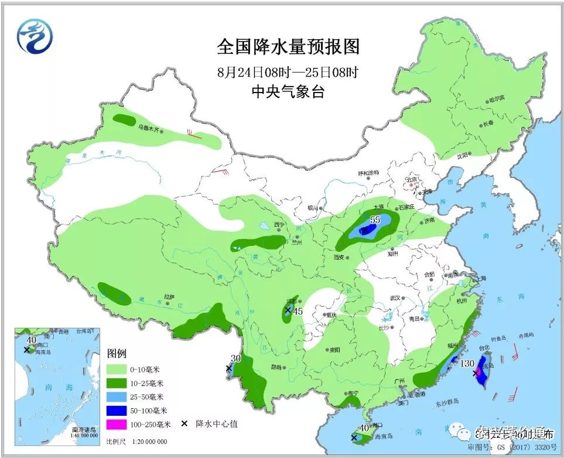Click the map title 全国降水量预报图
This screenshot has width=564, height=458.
(x=288, y=46)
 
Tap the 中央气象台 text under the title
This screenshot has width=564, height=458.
(x=287, y=91)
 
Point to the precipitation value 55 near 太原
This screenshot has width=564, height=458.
(x=375, y=220)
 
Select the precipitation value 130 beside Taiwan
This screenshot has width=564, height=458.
(x=467, y=364)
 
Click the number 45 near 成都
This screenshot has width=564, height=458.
(x=298, y=311)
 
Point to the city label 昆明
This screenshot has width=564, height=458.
(x=275, y=367)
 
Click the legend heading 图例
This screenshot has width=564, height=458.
(x=117, y=354)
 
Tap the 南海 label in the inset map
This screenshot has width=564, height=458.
(x=49, y=388)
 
